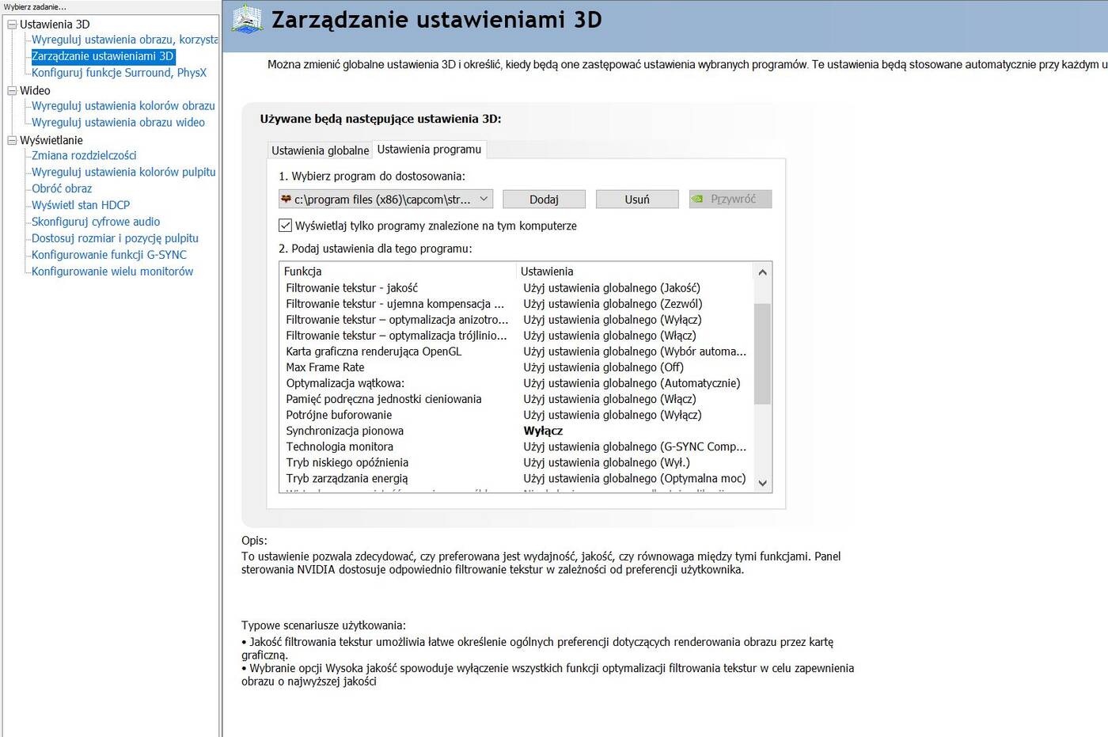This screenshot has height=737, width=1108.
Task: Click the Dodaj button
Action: click(544, 199)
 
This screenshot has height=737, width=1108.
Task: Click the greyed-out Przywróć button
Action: click(730, 199)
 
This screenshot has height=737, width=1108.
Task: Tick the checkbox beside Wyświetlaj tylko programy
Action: click(286, 226)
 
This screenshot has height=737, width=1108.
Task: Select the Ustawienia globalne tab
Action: click(320, 150)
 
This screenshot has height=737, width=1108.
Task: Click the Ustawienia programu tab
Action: click(429, 150)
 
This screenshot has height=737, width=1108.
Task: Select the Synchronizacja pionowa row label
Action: click(344, 431)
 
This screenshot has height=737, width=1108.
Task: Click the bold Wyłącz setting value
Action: click(543, 431)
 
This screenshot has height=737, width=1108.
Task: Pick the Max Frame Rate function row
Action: click(325, 367)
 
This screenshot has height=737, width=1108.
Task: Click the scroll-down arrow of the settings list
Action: click(762, 483)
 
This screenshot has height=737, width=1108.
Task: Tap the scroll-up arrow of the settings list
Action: click(762, 272)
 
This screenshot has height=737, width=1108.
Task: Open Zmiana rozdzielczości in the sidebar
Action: click(84, 155)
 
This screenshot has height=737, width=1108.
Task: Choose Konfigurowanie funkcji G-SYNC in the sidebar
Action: click(109, 255)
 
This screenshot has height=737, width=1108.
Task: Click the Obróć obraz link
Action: click(62, 188)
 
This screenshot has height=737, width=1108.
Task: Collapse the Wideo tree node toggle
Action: click(12, 91)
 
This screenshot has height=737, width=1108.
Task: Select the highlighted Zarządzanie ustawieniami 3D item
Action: click(102, 56)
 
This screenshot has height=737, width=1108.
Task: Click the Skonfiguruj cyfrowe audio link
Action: click(96, 222)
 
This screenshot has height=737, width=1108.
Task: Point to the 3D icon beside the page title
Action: click(247, 19)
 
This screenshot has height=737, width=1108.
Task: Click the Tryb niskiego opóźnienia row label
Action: click(347, 462)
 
